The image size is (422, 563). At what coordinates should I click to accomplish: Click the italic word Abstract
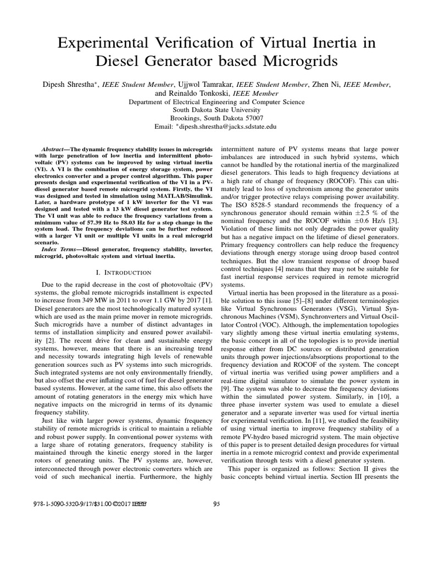(53, 150)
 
